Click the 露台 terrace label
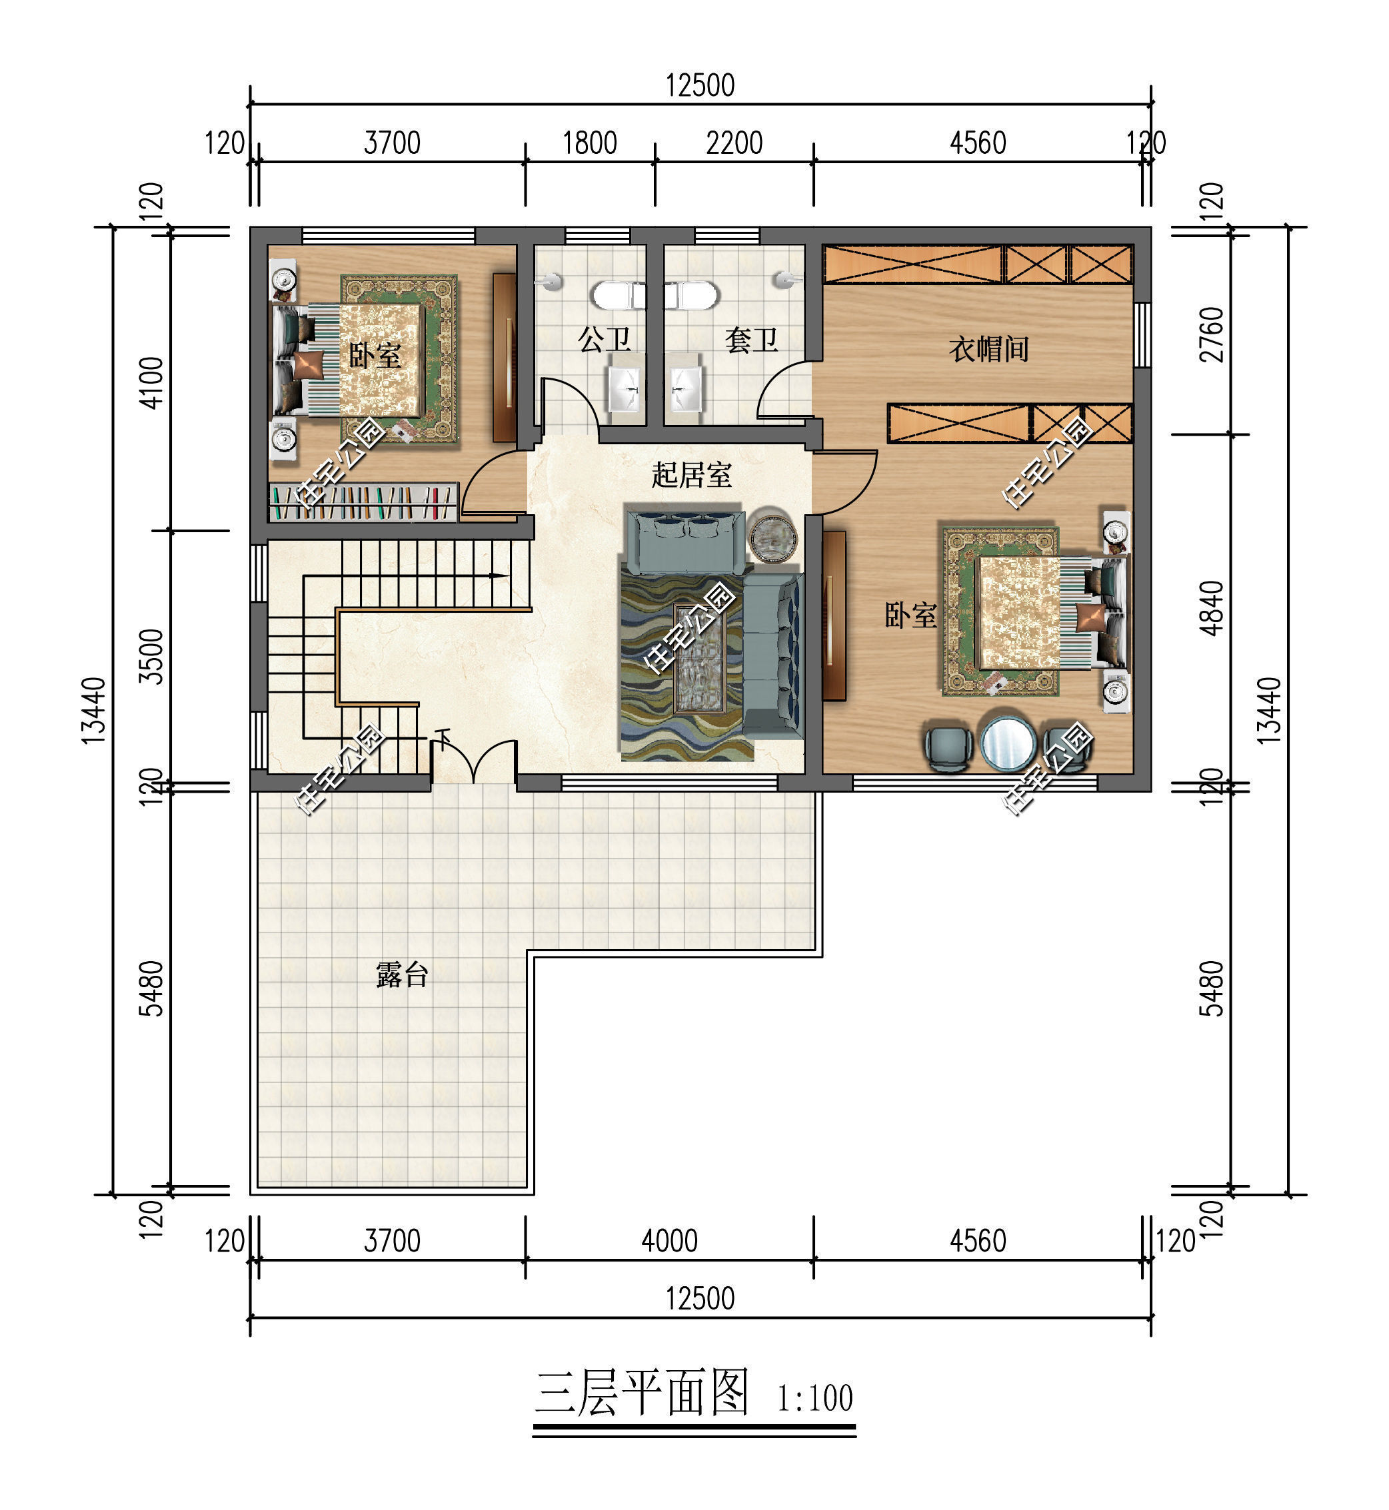click(x=402, y=975)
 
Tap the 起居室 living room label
click(x=691, y=475)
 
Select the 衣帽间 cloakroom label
click(x=988, y=349)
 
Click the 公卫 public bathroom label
click(x=605, y=340)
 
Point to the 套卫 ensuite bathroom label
click(x=751, y=340)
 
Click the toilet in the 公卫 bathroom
click(x=618, y=295)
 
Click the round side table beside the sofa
click(x=772, y=536)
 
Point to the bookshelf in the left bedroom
click(x=363, y=502)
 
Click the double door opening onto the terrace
click(x=473, y=763)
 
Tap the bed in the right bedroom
click(x=1034, y=612)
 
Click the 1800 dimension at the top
click(x=590, y=143)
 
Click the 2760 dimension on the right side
click(x=1211, y=334)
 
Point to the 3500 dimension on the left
click(x=153, y=656)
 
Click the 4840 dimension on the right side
click(x=1211, y=609)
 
